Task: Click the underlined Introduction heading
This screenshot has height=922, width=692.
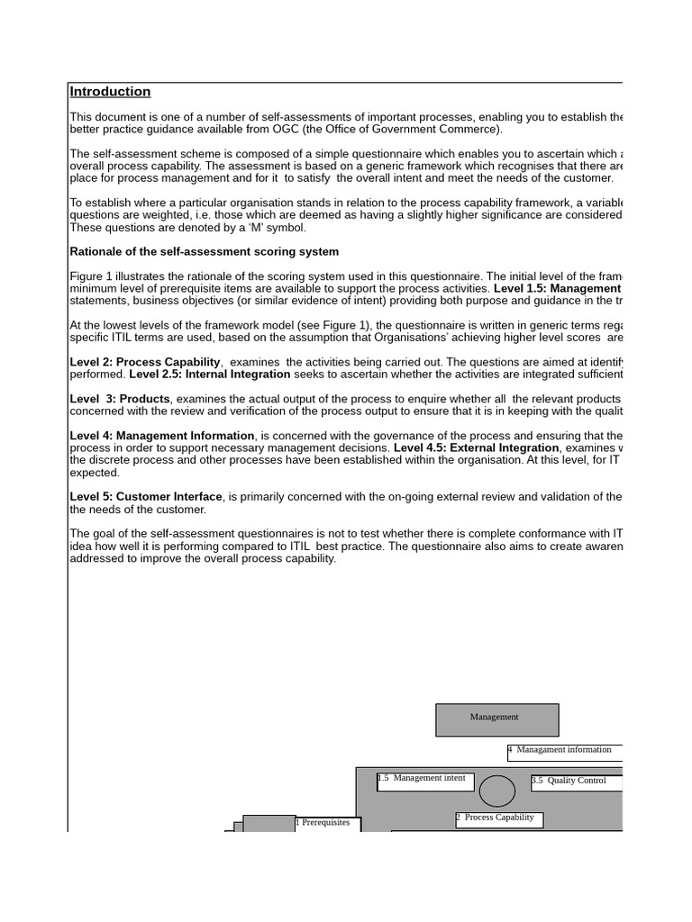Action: coord(110,92)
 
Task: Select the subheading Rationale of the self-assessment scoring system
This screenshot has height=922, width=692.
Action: coord(205,251)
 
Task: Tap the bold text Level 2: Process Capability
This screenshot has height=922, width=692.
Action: coord(145,362)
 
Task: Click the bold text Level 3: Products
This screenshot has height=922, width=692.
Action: coord(120,399)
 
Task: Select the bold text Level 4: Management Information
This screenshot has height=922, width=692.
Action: coord(163,436)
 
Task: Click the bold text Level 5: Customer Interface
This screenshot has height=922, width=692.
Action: coord(146,497)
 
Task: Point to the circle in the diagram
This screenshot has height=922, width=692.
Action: coord(497,791)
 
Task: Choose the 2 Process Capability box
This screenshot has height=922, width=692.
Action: coord(498,819)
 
